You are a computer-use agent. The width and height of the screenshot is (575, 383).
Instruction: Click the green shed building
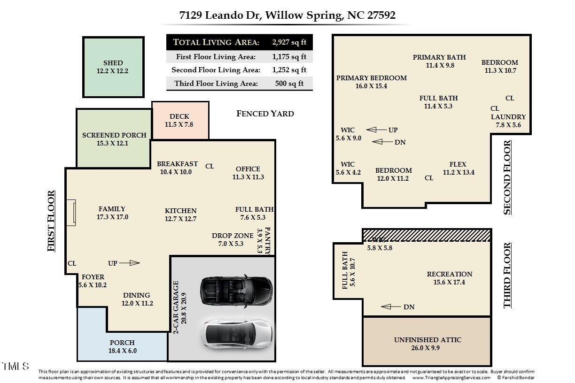pos(113,67)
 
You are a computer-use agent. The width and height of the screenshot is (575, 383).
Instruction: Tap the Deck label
pos(179,116)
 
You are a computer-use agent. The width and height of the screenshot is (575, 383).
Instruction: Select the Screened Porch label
pos(114,135)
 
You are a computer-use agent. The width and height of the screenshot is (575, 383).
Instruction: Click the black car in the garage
pos(236,289)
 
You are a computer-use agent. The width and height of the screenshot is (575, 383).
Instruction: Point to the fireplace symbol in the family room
pos(70,213)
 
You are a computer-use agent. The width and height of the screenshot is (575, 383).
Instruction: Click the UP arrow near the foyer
pos(130,263)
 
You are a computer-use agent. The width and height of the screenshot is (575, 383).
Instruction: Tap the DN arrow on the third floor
pos(392,307)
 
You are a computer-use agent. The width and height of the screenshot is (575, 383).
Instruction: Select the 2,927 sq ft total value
pos(289,42)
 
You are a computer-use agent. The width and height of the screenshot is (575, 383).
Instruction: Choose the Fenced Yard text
pos(265,114)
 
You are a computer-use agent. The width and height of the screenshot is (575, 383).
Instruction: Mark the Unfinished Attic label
pos(427,340)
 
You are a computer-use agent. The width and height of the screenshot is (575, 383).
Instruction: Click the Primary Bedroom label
pos(371,78)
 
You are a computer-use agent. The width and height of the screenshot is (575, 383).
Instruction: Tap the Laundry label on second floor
pos(508,117)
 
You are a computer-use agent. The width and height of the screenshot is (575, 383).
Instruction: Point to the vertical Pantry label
pos(268,240)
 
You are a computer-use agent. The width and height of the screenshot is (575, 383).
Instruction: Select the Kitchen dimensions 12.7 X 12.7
pos(180,219)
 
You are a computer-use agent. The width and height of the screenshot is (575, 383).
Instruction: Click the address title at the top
pos(287,15)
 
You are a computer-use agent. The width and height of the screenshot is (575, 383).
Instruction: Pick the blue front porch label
pos(122,343)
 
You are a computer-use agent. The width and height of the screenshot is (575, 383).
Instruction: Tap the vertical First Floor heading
pos(51,221)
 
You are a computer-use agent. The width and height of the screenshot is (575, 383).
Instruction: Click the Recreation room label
pos(450,274)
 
